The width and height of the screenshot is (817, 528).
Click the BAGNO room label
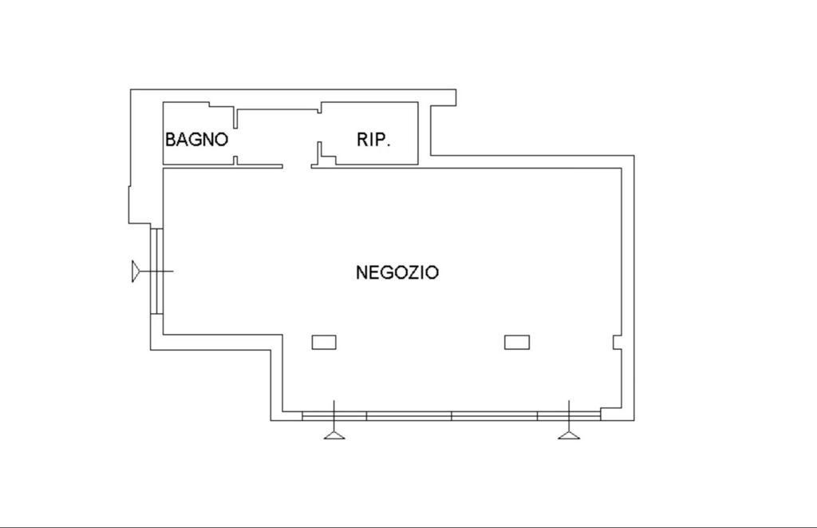196,139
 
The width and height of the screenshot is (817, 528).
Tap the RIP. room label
373,139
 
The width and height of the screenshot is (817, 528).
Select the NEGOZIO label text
397,272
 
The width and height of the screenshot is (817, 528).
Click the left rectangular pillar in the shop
324,342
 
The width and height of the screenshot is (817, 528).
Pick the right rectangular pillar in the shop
517,342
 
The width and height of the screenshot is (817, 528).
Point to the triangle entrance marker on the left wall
136,272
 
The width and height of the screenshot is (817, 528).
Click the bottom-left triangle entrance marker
334,435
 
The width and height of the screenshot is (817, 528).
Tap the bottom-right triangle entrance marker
569,435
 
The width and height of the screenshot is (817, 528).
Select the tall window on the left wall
157,272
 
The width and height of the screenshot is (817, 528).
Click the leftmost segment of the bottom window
334,416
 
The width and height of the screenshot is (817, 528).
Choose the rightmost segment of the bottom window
569,416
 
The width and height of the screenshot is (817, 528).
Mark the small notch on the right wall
617,342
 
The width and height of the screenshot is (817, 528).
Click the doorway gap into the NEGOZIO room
297,167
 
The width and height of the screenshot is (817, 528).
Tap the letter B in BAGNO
171,139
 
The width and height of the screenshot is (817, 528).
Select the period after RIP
389,145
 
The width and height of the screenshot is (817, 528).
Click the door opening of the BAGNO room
235,142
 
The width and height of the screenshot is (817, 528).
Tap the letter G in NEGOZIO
383,272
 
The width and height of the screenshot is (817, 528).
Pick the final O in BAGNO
222,139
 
